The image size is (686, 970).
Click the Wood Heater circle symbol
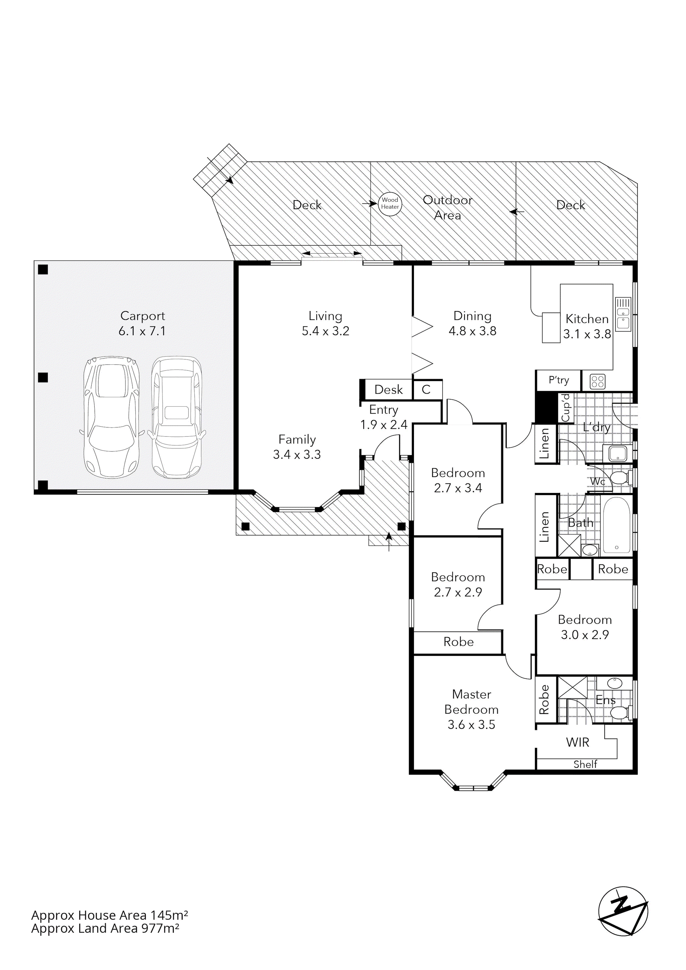389,204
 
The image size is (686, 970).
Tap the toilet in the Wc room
620,478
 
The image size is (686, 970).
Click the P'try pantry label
558,380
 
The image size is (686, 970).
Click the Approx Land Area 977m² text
105,940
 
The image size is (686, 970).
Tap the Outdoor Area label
448,207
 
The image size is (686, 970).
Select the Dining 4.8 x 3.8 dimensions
472,331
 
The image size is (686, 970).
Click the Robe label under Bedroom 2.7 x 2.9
458,642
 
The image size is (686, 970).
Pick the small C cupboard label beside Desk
426,389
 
